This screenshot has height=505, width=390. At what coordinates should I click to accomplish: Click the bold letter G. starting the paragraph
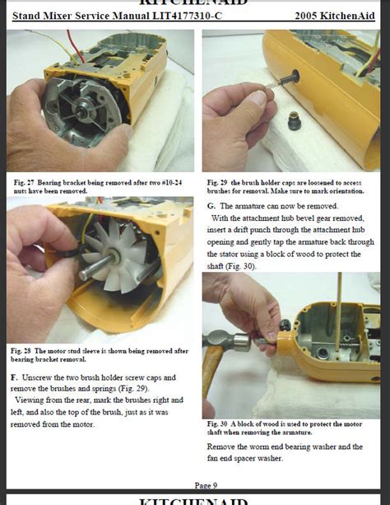pos(211,204)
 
